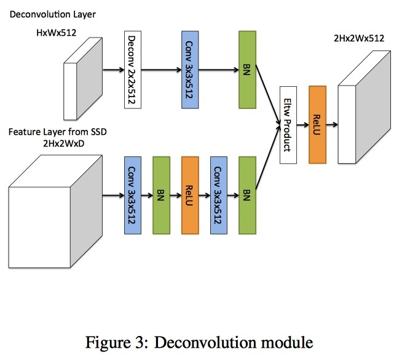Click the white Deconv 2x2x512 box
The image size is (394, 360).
[x=133, y=70]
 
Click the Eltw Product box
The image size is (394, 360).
[x=288, y=126]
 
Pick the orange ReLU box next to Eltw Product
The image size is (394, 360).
[x=317, y=125]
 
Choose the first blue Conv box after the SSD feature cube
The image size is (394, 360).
[x=133, y=194]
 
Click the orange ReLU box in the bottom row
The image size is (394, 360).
[x=190, y=194]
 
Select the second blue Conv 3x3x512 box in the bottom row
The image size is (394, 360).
[x=218, y=194]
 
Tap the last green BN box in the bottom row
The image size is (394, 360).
[x=246, y=194]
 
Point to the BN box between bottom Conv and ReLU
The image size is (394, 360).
[x=161, y=194]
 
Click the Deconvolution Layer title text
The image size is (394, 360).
[x=45, y=14]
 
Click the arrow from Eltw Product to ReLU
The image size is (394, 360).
[x=303, y=125]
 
